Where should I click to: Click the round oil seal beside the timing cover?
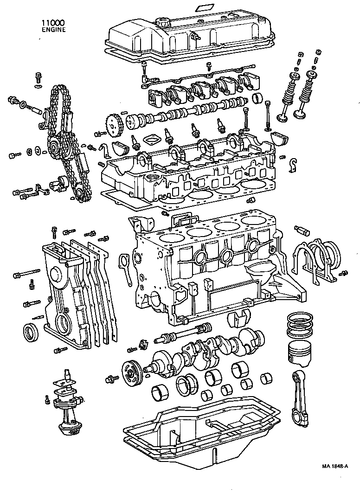coord(32,331)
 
